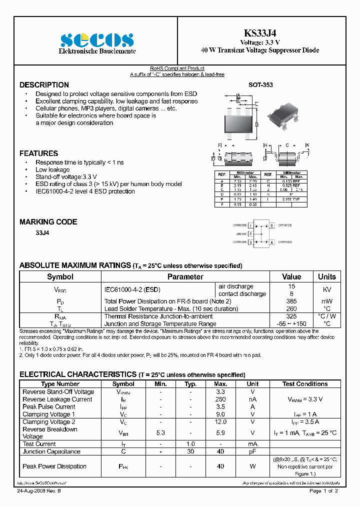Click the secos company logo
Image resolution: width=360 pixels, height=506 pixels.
(97, 39)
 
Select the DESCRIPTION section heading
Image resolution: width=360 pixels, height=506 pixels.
(44, 85)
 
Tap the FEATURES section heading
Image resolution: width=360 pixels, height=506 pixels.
(38, 153)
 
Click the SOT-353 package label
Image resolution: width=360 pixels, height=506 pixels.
(260, 85)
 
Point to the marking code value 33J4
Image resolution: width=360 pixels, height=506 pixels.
(42, 233)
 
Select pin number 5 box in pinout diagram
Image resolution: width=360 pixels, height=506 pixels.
(272, 225)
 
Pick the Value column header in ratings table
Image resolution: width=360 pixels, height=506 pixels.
(291, 277)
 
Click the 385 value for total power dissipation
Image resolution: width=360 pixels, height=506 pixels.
(291, 301)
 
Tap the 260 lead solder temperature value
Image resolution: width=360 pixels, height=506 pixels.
(291, 308)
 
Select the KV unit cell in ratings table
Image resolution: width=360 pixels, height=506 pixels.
(327, 289)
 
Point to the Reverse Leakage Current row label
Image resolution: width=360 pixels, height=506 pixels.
(57, 399)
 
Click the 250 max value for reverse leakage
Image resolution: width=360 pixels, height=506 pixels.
(220, 399)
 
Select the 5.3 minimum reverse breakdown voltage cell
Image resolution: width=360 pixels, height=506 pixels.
(160, 433)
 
